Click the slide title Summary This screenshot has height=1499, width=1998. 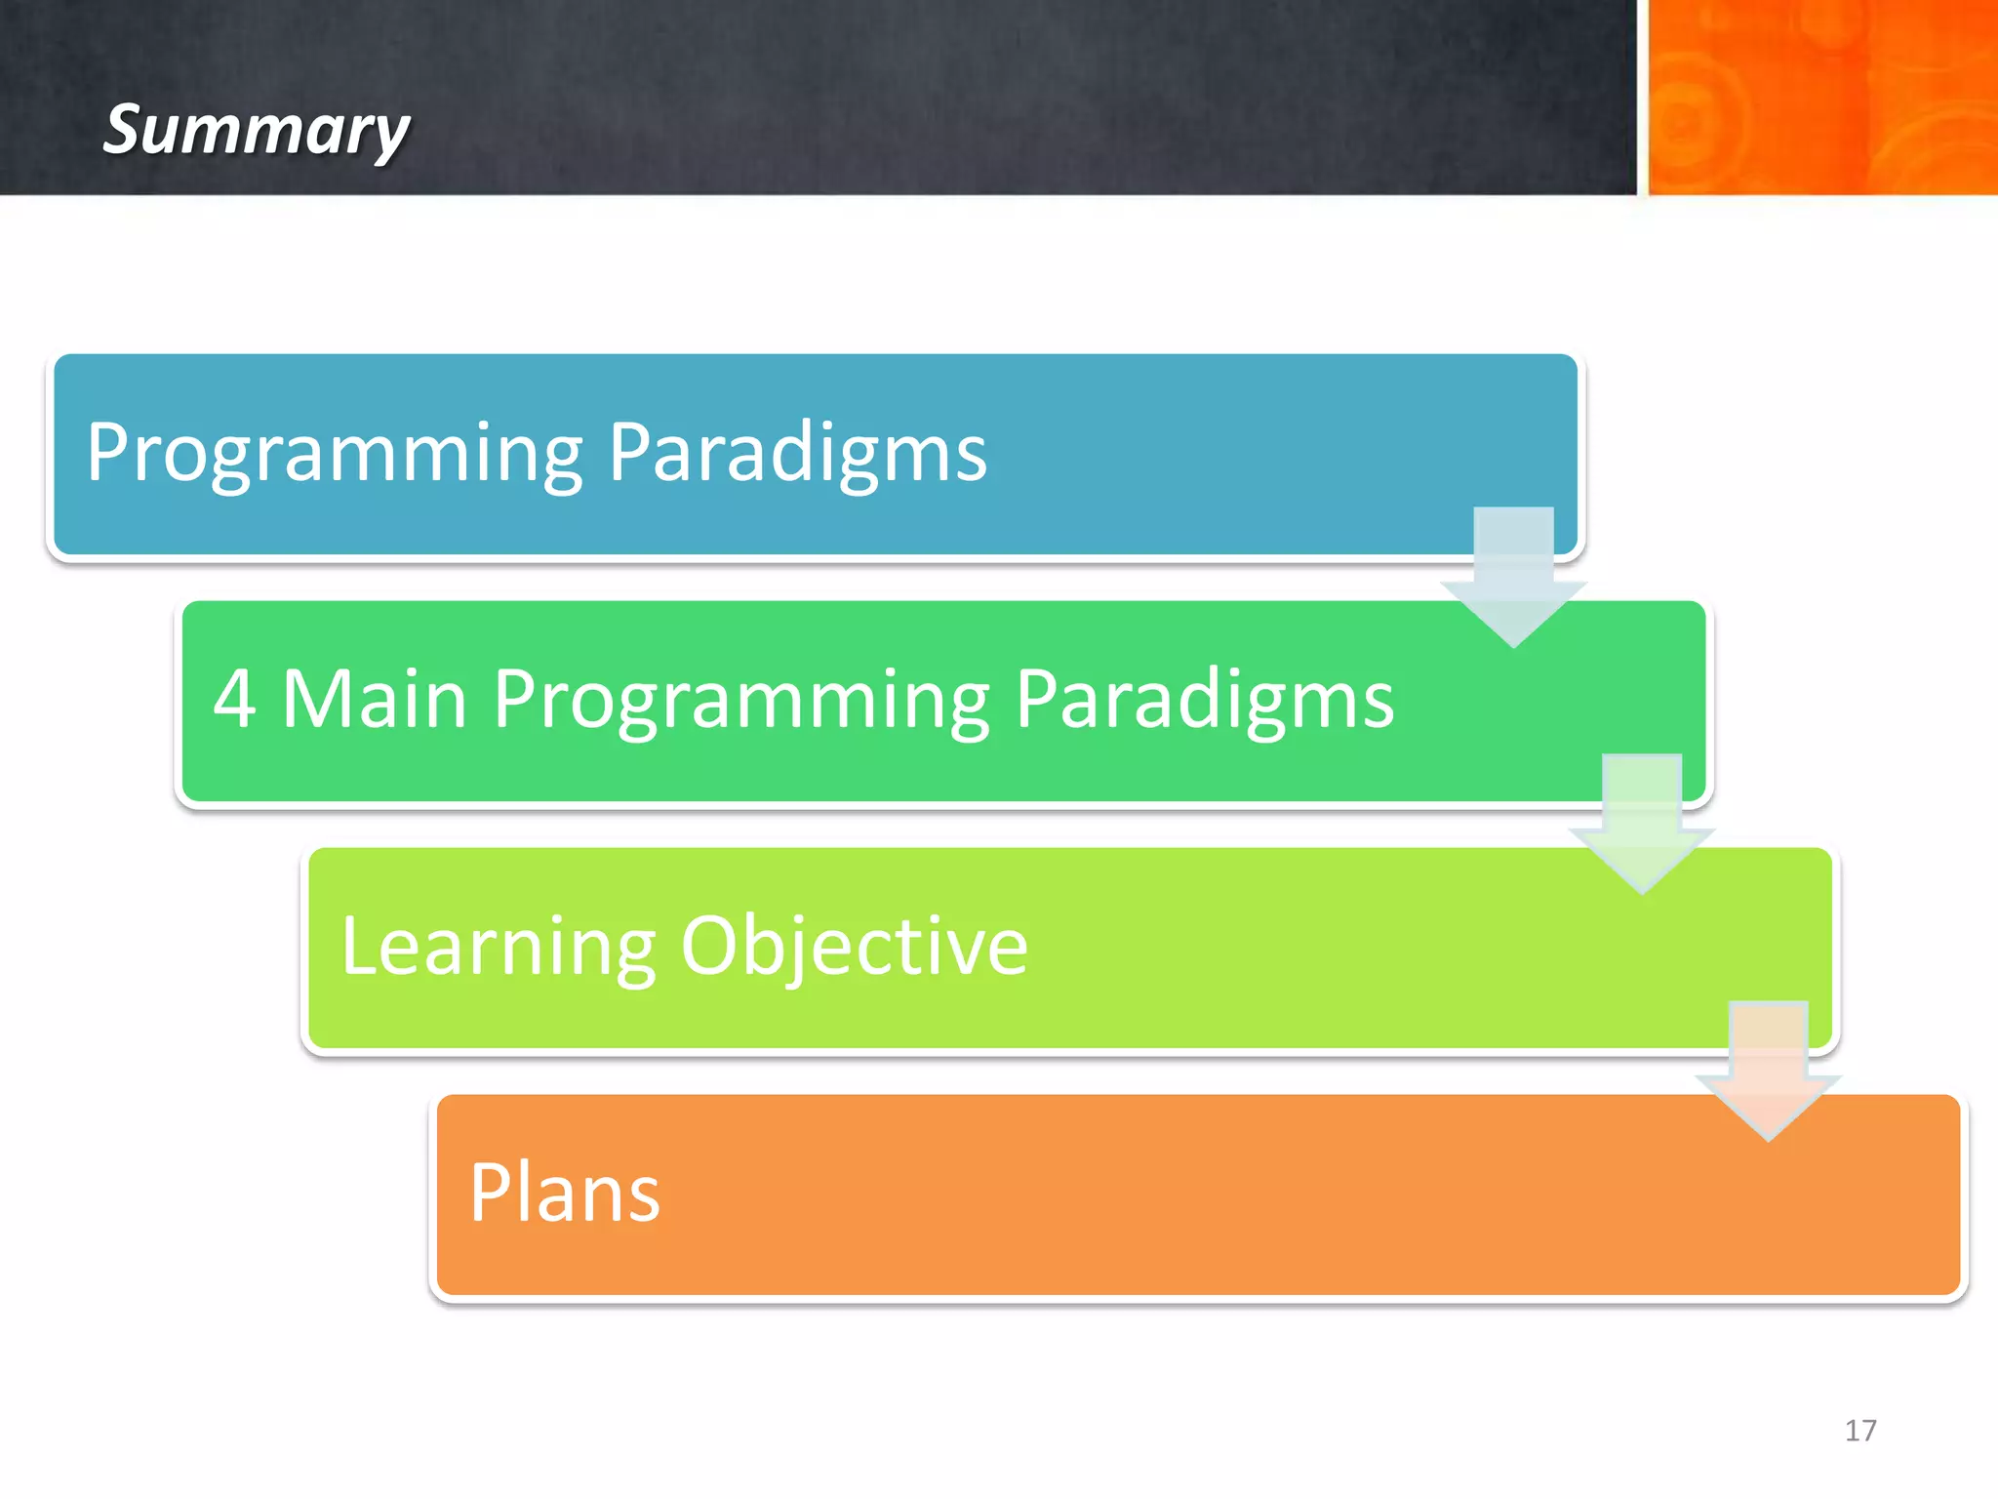pos(257,130)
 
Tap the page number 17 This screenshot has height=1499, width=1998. pos(1859,1431)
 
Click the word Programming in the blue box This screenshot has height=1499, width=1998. pos(335,452)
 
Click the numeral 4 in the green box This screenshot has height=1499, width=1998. pos(234,699)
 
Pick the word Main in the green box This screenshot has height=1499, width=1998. pos(375,699)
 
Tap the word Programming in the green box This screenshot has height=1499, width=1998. pos(741,699)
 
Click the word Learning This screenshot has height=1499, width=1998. pos(498,946)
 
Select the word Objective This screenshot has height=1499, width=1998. pos(854,946)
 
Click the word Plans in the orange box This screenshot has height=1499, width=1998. pos(564,1193)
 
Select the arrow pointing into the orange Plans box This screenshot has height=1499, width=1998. pos(1768,1072)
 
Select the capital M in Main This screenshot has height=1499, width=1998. pos(316,699)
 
